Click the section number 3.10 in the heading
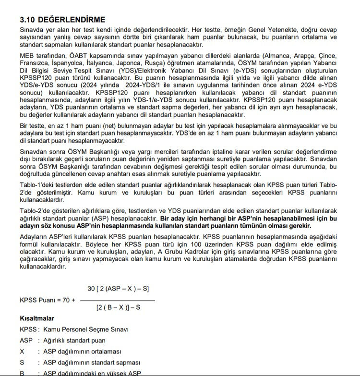[x=28, y=20]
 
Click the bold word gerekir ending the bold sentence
[x=299, y=226]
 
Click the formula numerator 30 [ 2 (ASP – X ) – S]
[x=118, y=289]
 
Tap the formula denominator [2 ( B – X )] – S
[x=118, y=308]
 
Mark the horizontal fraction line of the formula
[x=118, y=300]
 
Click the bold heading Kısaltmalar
[x=37, y=318]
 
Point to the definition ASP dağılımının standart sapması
[x=92, y=362]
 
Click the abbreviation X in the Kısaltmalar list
[x=23, y=352]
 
